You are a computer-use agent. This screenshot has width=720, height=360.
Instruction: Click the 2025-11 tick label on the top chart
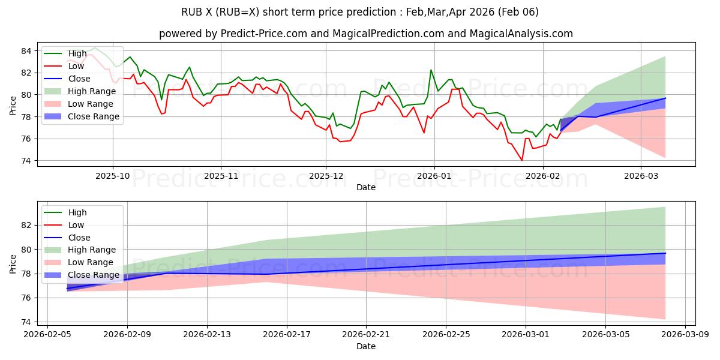coord(221,176)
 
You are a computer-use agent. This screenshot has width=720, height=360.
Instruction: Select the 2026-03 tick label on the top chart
coord(641,176)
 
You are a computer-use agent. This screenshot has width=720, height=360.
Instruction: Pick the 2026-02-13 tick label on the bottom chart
coord(207,335)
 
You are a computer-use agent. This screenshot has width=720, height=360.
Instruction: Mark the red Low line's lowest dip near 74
coord(522,160)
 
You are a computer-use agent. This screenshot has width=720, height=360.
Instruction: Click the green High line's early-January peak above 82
coord(431,70)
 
